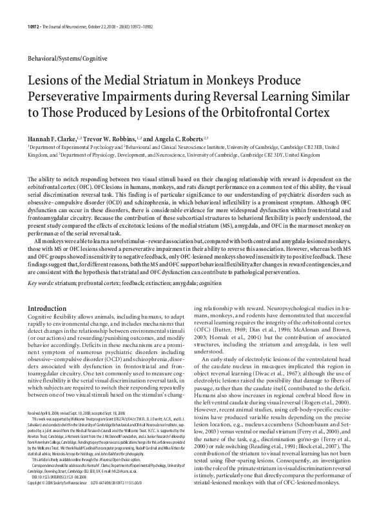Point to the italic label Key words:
(40, 264)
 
